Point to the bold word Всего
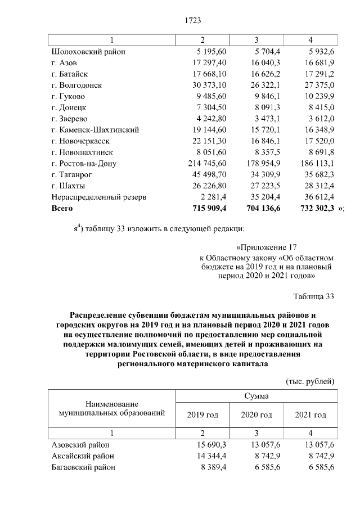pos(62,208)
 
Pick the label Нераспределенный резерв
pos(98,197)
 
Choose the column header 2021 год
pos(310,415)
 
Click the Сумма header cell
pos(256,396)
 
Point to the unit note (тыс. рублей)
pos(310,381)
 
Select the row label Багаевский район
pos(83,467)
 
